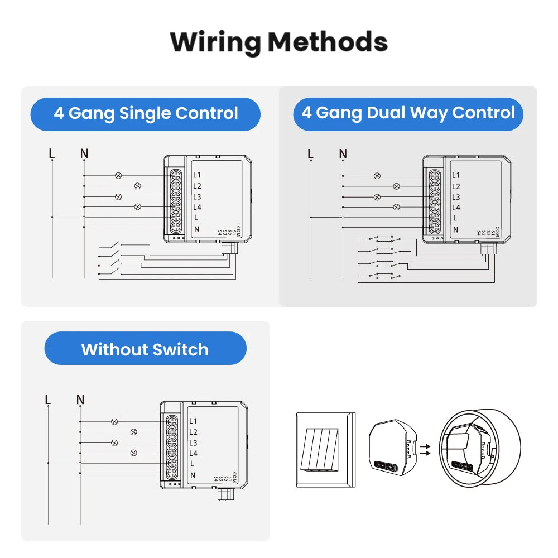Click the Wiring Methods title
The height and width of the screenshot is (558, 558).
point(278,42)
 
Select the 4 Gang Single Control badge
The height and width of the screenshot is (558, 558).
point(146,114)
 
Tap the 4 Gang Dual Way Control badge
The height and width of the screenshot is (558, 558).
point(408,113)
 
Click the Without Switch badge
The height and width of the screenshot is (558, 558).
point(145,349)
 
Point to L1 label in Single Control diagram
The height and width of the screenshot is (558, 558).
point(197,175)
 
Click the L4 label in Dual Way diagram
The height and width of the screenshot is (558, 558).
point(456,208)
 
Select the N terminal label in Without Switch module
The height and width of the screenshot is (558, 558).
point(193,475)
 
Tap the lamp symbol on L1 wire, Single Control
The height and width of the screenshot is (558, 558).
point(118,175)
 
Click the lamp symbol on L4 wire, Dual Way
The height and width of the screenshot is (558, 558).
point(396,207)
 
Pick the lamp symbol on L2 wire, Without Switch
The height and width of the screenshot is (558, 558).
point(133,432)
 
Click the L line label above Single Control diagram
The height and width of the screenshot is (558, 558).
point(52,153)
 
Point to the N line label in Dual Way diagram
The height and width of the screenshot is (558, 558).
point(343,153)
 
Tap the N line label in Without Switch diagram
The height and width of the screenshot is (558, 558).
point(80,400)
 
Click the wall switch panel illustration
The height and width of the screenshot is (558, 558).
point(325,450)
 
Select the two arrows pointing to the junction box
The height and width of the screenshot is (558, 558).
point(425,450)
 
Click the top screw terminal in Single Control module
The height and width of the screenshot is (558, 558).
point(175,175)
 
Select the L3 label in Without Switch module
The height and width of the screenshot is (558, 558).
point(193,442)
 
